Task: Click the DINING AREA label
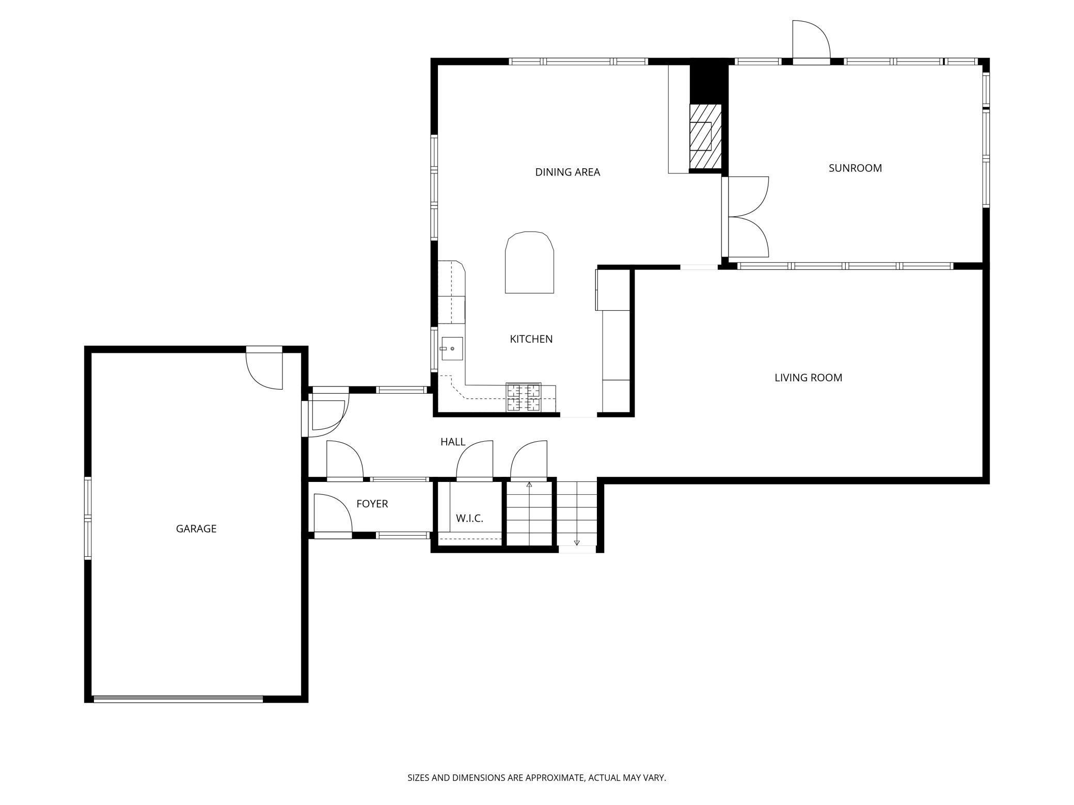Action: pyautogui.click(x=567, y=172)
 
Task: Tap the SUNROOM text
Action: pyautogui.click(x=855, y=168)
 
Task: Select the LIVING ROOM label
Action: pyautogui.click(x=808, y=378)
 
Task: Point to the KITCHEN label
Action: pyautogui.click(x=531, y=339)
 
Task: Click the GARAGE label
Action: pyautogui.click(x=196, y=528)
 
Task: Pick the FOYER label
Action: pyautogui.click(x=372, y=504)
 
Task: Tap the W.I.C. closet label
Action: pyautogui.click(x=469, y=519)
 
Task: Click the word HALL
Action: pyautogui.click(x=452, y=442)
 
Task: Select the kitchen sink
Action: pyautogui.click(x=452, y=349)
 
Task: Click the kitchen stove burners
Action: pyautogui.click(x=524, y=397)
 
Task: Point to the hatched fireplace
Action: pyautogui.click(x=705, y=136)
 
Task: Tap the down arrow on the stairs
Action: pyautogui.click(x=577, y=542)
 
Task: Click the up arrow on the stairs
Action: pyautogui.click(x=529, y=485)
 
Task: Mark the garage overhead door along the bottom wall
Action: pyautogui.click(x=178, y=699)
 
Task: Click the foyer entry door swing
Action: pyautogui.click(x=331, y=514)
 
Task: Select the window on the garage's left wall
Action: pyautogui.click(x=88, y=518)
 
